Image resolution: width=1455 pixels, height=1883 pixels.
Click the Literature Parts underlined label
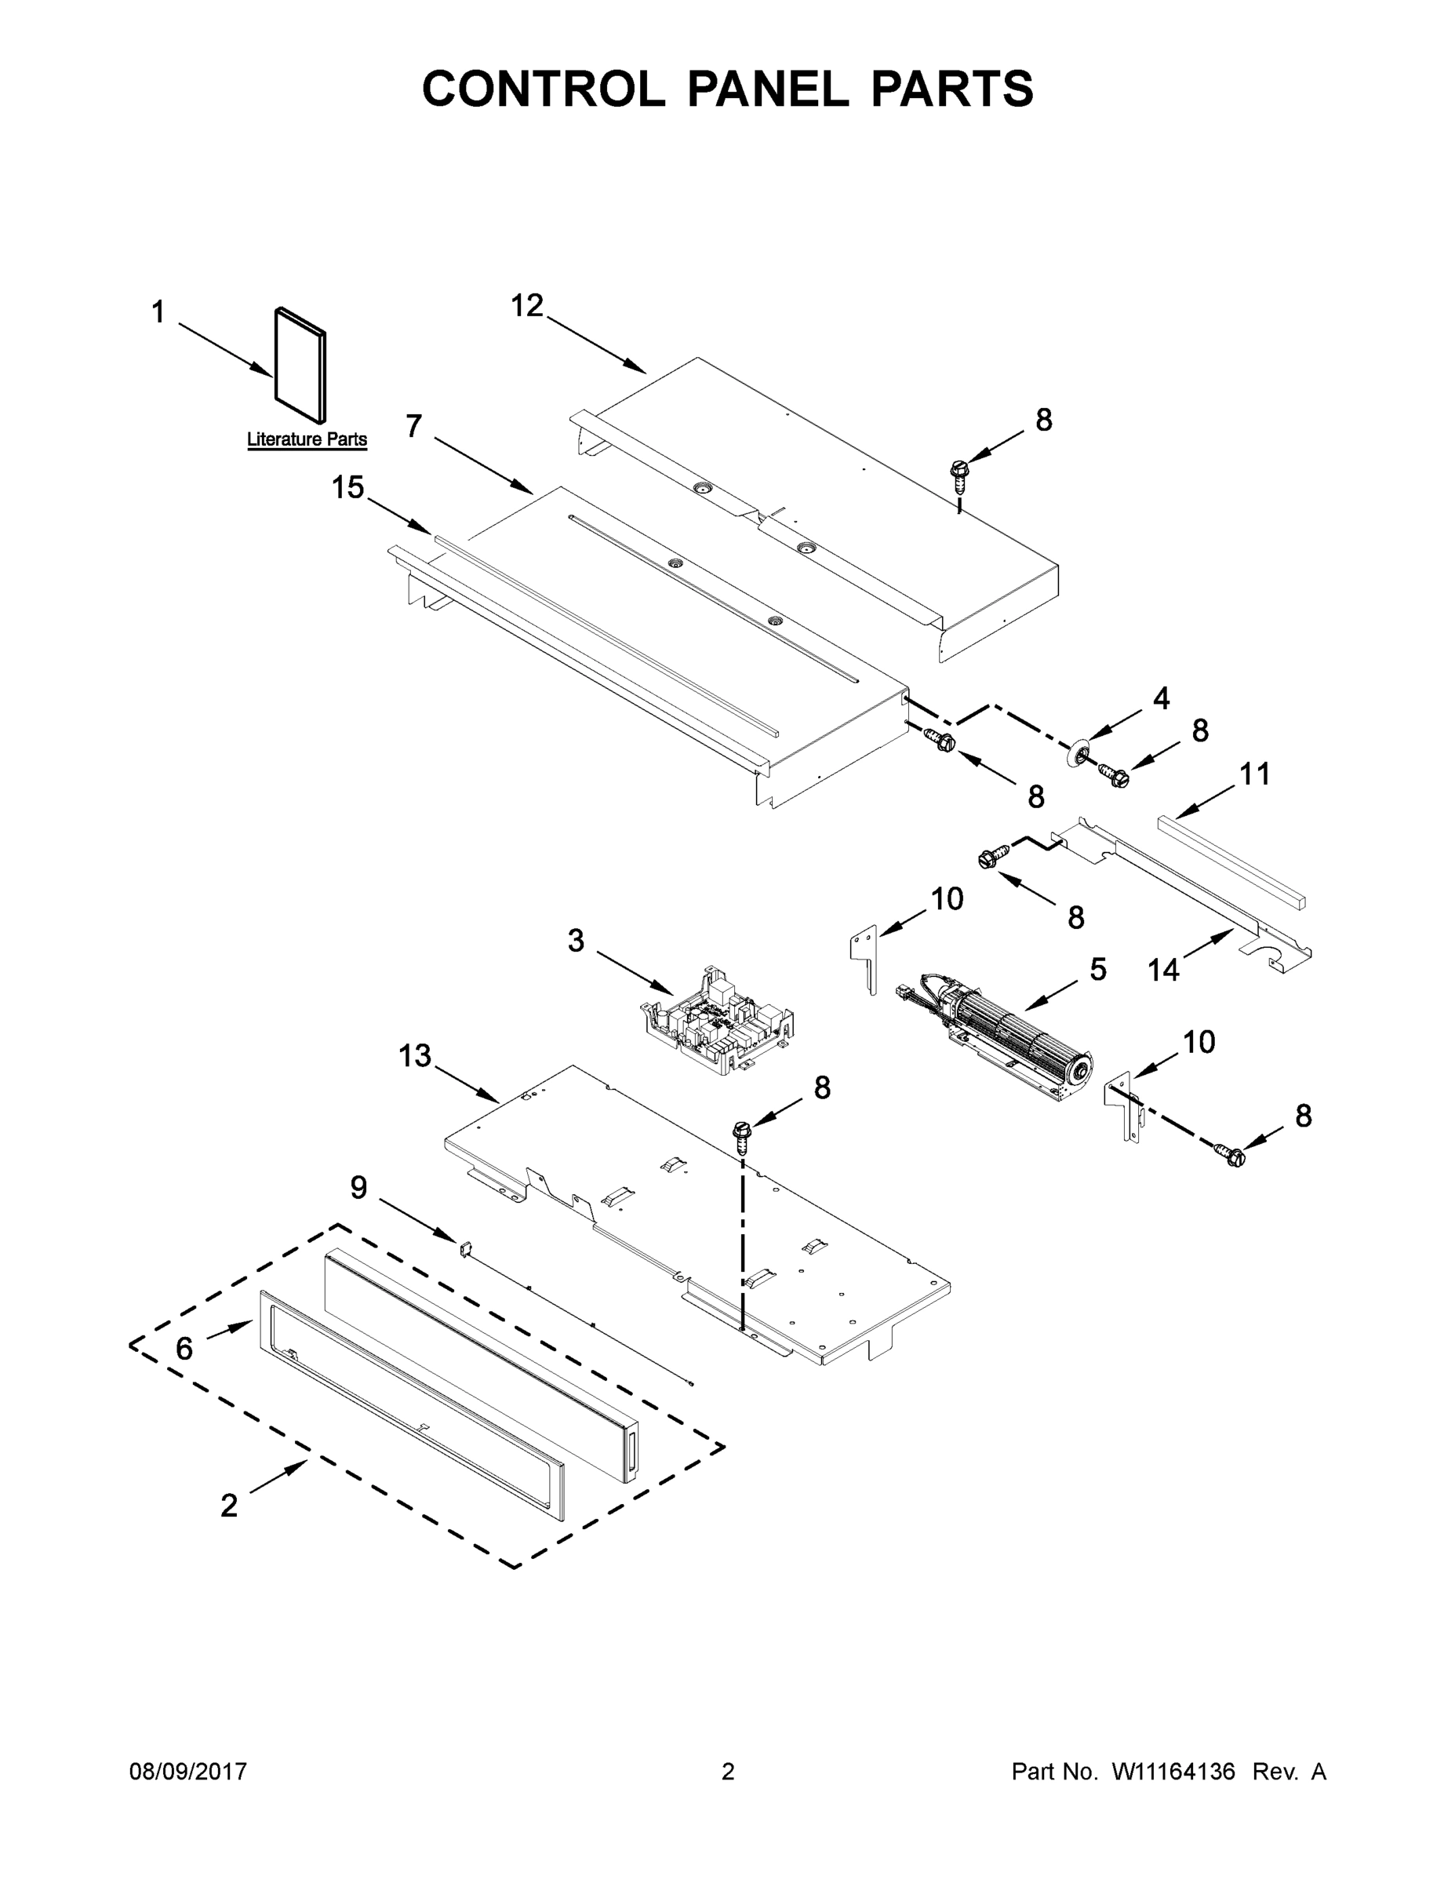point(307,439)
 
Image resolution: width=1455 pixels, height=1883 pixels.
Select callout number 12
point(528,305)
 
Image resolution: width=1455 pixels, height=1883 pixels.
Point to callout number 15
point(348,488)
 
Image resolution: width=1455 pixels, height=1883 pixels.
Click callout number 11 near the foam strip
point(1254,774)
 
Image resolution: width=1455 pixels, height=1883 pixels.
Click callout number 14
point(1162,970)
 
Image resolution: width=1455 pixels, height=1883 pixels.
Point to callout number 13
point(415,1055)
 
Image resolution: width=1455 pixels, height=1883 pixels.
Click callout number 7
point(413,426)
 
